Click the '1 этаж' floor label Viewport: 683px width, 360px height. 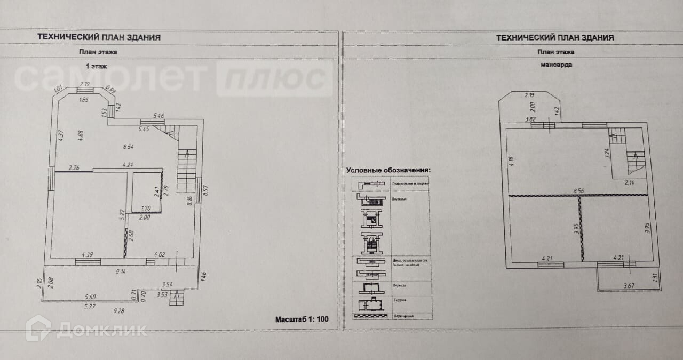tap(97, 67)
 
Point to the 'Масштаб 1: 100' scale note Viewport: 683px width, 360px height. tap(302, 319)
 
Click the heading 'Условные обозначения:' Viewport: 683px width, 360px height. tap(388, 170)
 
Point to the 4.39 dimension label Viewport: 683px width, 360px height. tap(88, 254)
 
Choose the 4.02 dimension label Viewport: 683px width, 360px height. tap(160, 254)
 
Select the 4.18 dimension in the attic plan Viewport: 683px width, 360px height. tap(511, 161)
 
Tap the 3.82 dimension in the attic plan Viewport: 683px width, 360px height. tap(530, 119)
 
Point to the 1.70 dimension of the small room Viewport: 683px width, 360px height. tap(146, 209)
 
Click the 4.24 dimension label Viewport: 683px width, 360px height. tap(128, 165)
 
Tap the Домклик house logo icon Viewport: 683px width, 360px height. tap(39, 328)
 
